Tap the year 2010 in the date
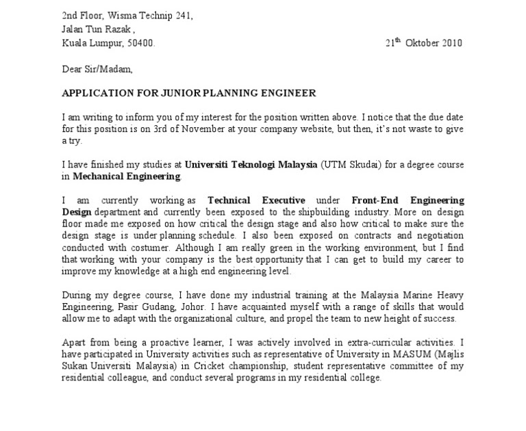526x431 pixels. click(451, 42)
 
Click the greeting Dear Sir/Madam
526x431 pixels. click(97, 69)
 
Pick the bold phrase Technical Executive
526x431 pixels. click(256, 200)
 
